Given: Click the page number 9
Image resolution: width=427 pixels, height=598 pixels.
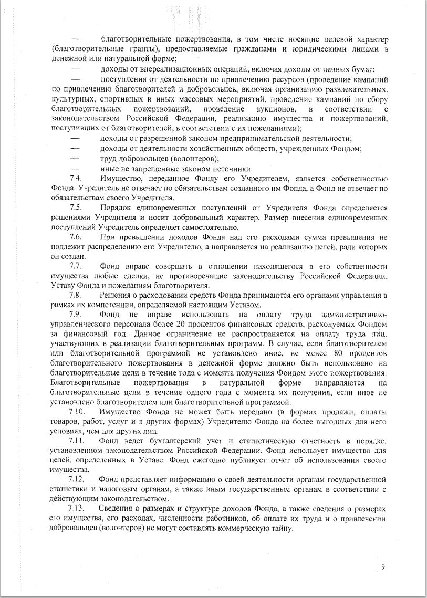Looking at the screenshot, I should point(383,566).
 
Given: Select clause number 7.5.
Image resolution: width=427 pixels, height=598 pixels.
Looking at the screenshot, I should point(75,209).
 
